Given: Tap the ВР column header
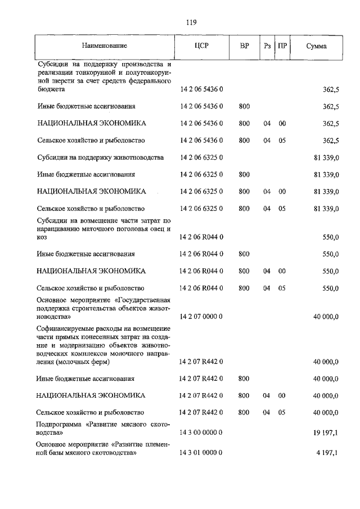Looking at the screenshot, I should (244, 46).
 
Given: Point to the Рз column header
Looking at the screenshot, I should (267, 46).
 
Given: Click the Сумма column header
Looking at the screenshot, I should (317, 46).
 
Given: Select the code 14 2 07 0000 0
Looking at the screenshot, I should (201, 317).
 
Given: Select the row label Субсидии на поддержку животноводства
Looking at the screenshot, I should (100, 157).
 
